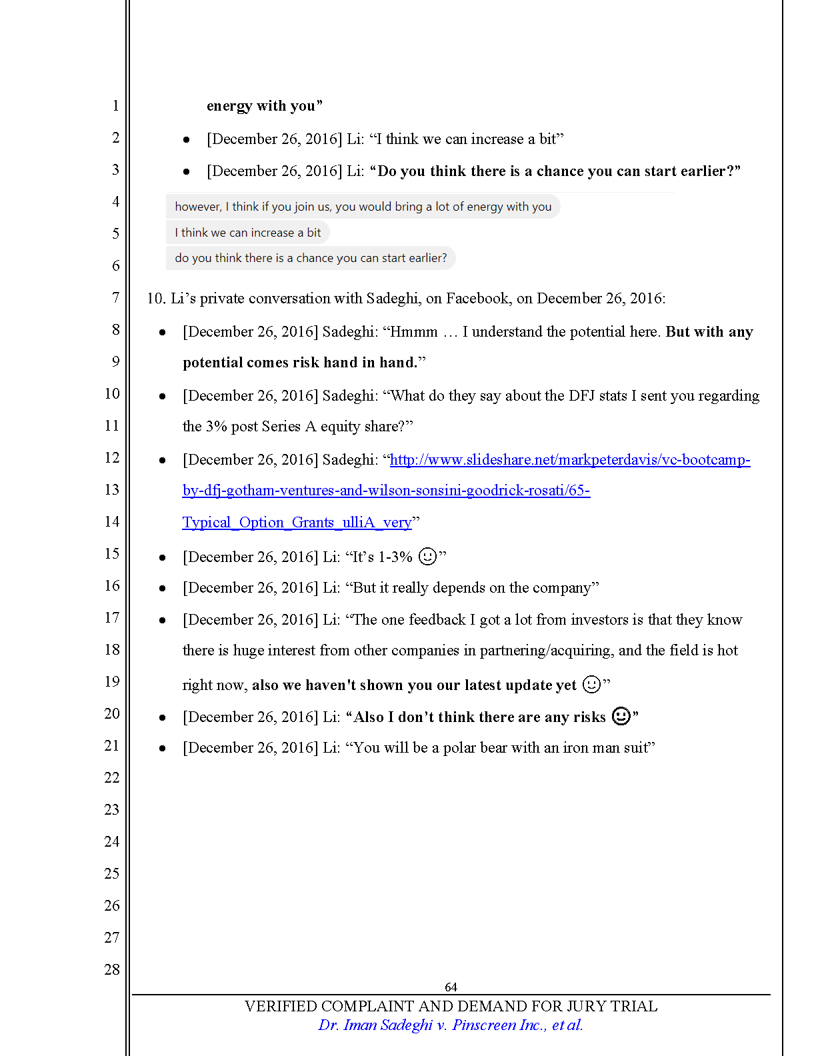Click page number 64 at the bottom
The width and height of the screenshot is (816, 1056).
(451, 987)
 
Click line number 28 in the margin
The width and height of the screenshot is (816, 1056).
(112, 969)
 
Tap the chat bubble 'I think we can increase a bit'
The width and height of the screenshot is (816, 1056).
(247, 233)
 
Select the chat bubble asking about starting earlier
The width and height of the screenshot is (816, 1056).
(311, 258)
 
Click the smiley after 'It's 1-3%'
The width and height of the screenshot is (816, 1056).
(427, 556)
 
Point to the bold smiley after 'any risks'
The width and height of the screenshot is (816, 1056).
(621, 716)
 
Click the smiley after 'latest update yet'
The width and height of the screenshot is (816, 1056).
(591, 685)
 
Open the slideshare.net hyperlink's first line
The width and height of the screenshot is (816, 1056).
(569, 460)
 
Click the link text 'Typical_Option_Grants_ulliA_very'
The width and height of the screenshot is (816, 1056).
(297, 523)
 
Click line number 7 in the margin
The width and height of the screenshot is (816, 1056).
(115, 297)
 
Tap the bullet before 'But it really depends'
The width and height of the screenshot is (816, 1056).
(162, 588)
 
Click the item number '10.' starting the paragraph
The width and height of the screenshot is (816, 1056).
(156, 299)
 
